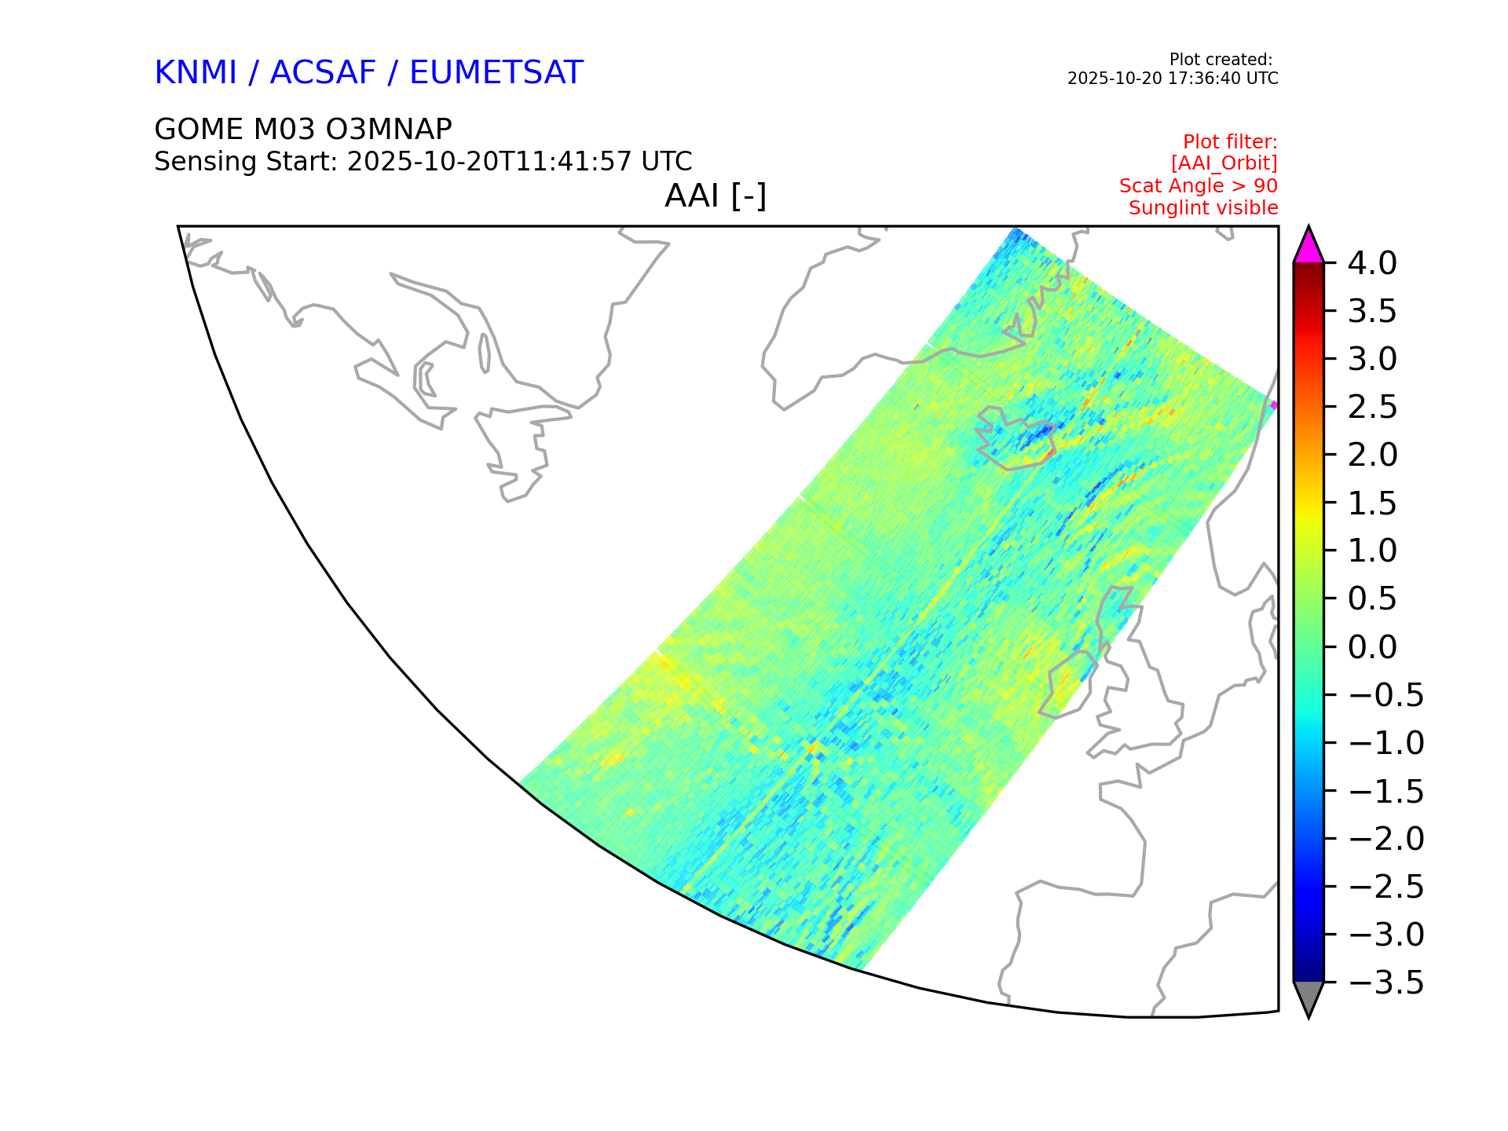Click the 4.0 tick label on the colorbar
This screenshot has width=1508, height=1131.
coord(1372,263)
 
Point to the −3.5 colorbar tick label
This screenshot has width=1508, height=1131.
coord(1385,983)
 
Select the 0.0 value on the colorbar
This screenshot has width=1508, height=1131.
coord(1372,647)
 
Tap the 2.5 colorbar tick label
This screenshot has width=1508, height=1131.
coord(1372,407)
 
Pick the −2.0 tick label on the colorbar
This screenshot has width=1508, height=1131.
coord(1385,839)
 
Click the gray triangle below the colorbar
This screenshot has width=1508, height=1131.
coord(1309,997)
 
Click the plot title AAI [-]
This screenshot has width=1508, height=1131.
coord(716,196)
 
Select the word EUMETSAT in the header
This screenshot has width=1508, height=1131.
coord(496,72)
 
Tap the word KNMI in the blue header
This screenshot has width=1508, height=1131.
coord(196,72)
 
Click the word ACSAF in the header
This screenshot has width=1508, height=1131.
coord(323,72)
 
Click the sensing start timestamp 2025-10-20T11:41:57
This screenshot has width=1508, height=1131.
coord(489,162)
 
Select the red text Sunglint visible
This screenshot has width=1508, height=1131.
coord(1203,208)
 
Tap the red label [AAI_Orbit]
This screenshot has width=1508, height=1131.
coord(1224,163)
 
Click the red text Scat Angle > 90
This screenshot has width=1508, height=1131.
coord(1199,186)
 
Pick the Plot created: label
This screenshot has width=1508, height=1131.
coord(1221,60)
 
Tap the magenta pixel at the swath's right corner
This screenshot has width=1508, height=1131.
coord(1274,405)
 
